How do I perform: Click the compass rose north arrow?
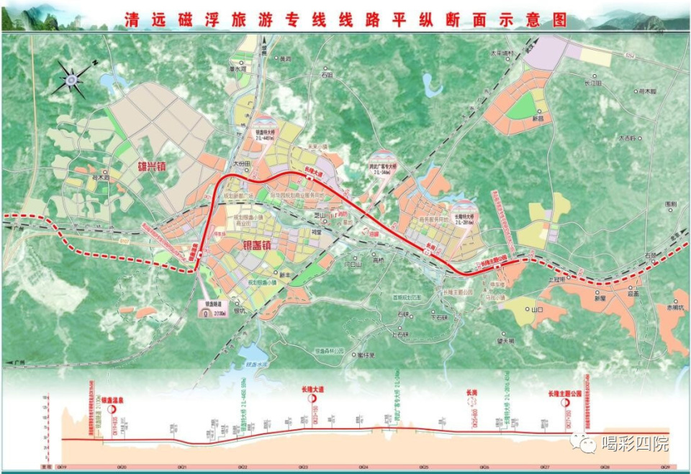73,78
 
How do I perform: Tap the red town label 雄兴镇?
155,166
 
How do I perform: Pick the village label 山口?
536,309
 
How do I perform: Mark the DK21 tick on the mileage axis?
182,466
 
